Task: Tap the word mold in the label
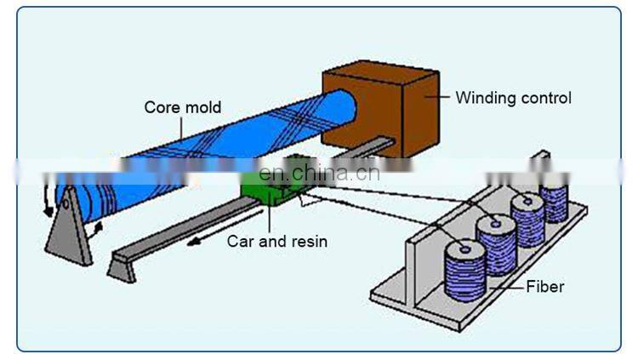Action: click(x=203, y=107)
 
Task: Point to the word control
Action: click(x=545, y=98)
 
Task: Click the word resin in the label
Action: click(x=308, y=241)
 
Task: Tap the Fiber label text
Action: click(x=545, y=288)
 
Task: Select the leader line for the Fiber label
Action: click(x=505, y=288)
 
